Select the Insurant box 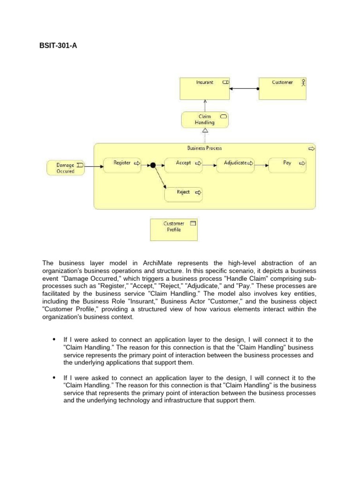click(x=205, y=89)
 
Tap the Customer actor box click(x=283, y=89)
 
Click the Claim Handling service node click(x=205, y=120)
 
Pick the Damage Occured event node click(x=66, y=168)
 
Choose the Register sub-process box click(x=122, y=165)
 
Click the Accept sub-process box click(x=184, y=165)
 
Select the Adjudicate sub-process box click(x=235, y=165)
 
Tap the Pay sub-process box click(x=287, y=165)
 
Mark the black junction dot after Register click(x=152, y=165)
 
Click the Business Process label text click(x=204, y=148)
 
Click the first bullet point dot click(x=54, y=339)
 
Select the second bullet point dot click(x=54, y=377)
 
